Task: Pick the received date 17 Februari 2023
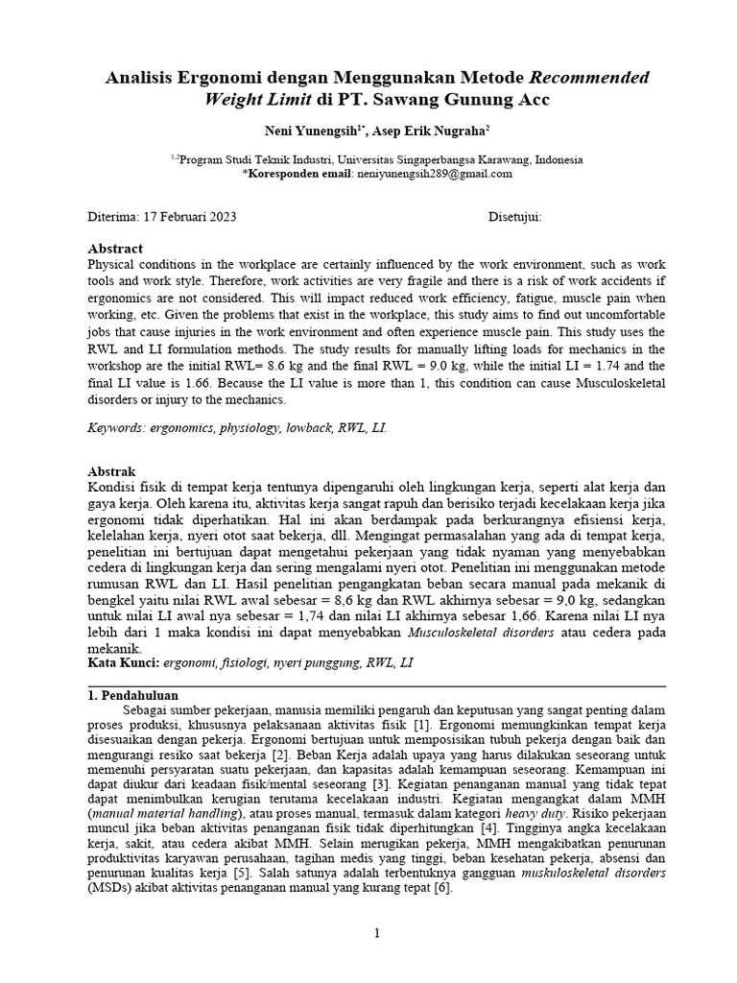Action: tap(189, 217)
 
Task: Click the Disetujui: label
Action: tap(514, 217)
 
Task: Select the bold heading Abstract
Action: tap(115, 248)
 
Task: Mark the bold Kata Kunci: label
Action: tap(122, 662)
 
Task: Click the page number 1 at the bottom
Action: tap(377, 932)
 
